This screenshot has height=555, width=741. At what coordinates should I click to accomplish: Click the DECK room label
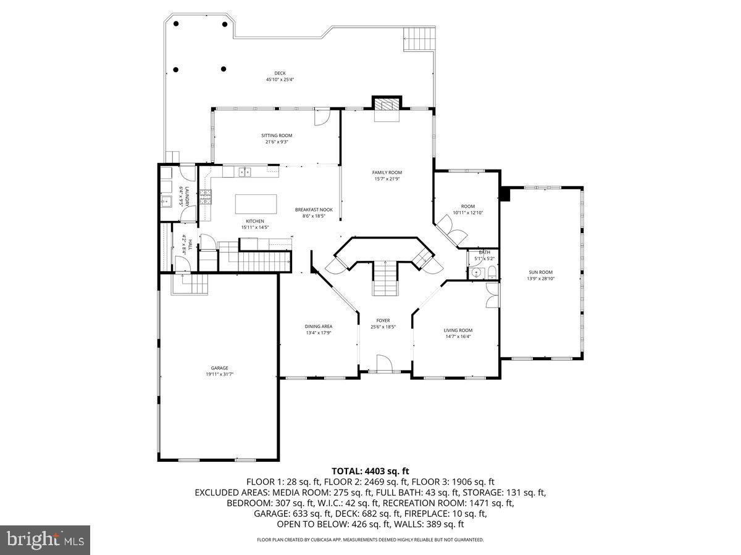coord(280,73)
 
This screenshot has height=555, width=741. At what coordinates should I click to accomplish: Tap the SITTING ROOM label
coord(277,135)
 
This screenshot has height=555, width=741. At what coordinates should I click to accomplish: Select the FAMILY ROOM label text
coord(387,173)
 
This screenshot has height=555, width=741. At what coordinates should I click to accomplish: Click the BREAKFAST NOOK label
coord(314,210)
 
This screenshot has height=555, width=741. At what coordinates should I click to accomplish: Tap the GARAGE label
coord(219,368)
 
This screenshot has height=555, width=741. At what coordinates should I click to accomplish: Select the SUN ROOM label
coord(540,272)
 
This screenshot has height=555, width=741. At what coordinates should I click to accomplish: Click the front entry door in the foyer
coord(383,364)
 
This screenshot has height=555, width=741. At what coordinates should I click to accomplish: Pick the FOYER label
coord(383,321)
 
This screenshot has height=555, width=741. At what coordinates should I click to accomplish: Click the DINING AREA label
coord(319,326)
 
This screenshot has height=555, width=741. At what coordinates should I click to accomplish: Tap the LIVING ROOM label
coord(458,331)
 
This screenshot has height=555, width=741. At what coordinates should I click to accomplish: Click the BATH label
coord(484,252)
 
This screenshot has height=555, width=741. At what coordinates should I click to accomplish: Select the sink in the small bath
coord(476,273)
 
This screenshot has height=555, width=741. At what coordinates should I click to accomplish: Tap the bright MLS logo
coord(45,540)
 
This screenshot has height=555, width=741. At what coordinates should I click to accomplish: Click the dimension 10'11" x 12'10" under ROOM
coord(467,213)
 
